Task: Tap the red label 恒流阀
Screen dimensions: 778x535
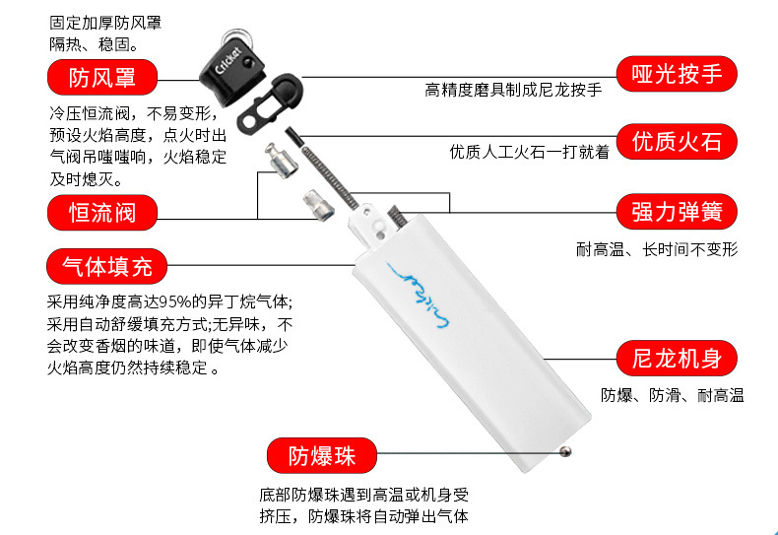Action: coord(104,212)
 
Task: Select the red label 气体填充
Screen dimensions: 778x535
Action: coord(107,267)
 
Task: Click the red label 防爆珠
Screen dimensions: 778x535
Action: coord(322,456)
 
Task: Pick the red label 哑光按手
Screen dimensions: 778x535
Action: coord(677,76)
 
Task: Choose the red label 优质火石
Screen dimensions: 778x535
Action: coord(677,142)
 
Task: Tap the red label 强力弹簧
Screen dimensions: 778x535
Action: coord(677,211)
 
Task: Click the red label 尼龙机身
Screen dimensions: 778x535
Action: coord(677,359)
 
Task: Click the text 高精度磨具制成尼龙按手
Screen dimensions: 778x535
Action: coord(513,91)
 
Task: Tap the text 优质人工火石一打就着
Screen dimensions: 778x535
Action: coord(529,152)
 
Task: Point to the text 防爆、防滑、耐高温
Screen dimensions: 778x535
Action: coord(672,396)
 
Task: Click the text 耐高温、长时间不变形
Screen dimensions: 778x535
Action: coord(657,249)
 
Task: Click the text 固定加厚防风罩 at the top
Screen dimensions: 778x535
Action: coord(105,22)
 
